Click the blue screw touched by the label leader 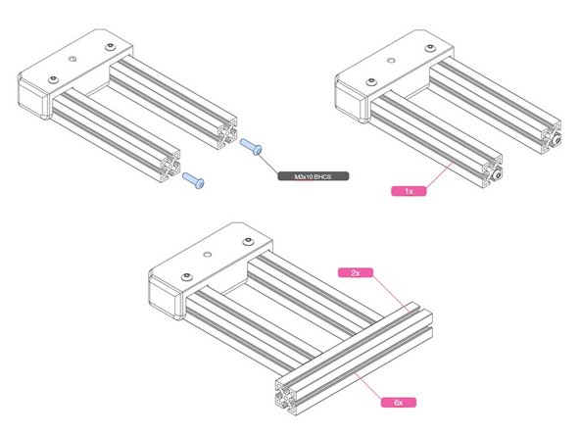click(x=250, y=147)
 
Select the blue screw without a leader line click(x=193, y=180)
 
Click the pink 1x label click(x=410, y=190)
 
